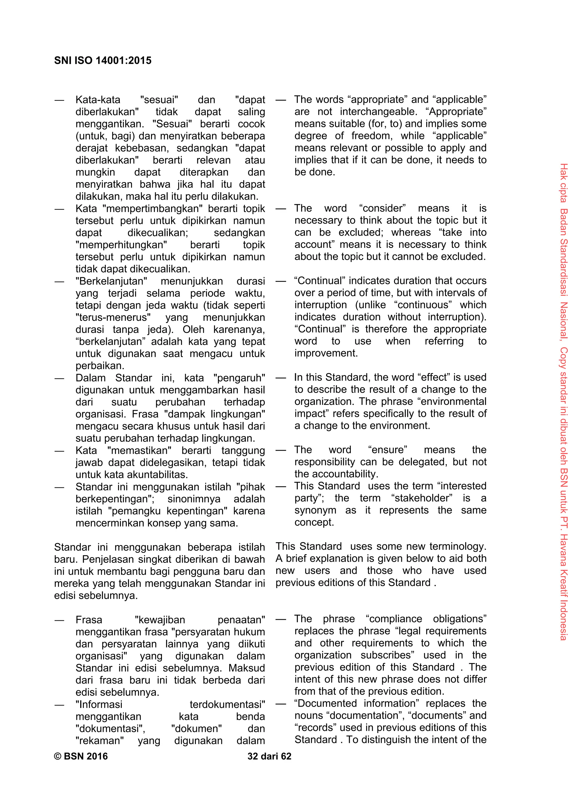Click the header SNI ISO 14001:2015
[x=103, y=61]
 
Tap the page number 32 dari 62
[x=269, y=756]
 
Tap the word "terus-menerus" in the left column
[x=113, y=317]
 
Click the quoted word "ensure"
[x=387, y=450]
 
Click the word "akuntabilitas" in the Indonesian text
[x=154, y=475]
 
